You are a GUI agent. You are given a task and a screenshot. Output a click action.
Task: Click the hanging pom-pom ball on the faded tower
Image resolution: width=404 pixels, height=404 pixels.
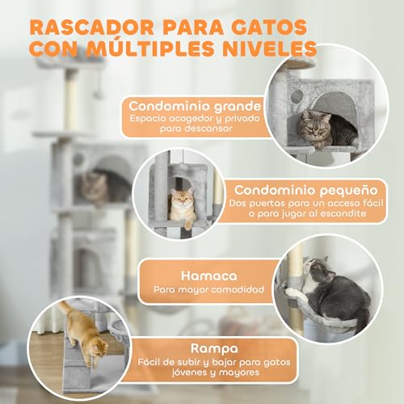(x=97, y=95)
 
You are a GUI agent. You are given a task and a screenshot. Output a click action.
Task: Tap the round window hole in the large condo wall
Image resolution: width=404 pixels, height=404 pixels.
(x=297, y=95)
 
